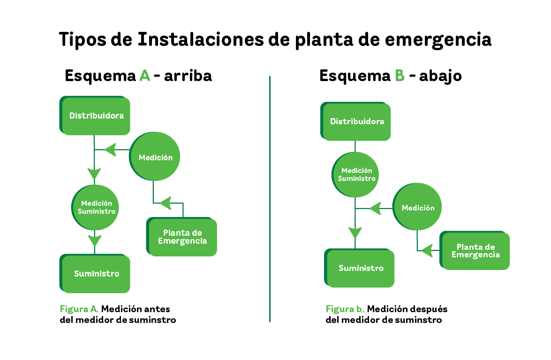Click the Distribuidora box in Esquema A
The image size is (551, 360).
(x=95, y=116)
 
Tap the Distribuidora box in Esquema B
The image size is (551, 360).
(x=355, y=121)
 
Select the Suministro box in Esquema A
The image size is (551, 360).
(x=95, y=274)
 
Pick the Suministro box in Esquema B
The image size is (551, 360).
(x=359, y=268)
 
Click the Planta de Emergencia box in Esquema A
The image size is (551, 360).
(x=181, y=237)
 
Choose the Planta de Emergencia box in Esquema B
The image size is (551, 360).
(x=475, y=250)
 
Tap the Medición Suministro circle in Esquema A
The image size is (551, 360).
(x=95, y=208)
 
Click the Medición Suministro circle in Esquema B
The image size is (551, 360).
(x=355, y=174)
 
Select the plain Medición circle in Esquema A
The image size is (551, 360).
(x=155, y=157)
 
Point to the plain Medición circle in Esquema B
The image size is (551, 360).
(x=417, y=207)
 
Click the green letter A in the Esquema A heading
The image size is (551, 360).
(x=145, y=75)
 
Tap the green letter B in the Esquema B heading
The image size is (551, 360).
(x=400, y=75)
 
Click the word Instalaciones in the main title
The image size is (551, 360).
(x=200, y=39)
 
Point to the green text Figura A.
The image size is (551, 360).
(x=79, y=309)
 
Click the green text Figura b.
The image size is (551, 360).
(x=345, y=309)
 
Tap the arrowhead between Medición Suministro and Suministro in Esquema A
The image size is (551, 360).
(x=95, y=241)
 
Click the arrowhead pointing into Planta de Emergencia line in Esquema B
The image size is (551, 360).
(x=426, y=251)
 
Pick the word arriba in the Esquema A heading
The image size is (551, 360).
(x=188, y=75)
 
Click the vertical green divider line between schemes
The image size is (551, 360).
(x=270, y=198)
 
